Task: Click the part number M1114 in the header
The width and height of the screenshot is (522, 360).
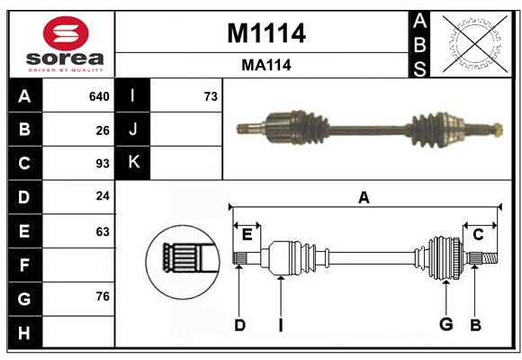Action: click(x=265, y=33)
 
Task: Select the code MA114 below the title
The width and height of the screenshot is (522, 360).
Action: click(x=265, y=66)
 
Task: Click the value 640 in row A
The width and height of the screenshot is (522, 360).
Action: click(x=99, y=96)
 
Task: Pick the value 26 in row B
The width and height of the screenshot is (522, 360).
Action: click(x=103, y=130)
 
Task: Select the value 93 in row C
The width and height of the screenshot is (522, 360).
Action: click(x=103, y=164)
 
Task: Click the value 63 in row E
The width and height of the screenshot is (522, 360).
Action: click(x=103, y=230)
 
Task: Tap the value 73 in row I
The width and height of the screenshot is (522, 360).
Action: click(x=211, y=96)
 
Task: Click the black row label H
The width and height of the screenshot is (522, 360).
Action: click(x=24, y=332)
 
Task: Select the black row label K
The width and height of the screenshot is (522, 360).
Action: click(x=133, y=163)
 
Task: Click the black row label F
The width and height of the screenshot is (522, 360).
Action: click(x=24, y=265)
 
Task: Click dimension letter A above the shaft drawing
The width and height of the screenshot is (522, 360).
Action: click(x=364, y=197)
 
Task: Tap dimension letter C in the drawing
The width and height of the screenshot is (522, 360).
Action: click(x=478, y=235)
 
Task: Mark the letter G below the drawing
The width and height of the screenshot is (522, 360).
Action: click(x=445, y=325)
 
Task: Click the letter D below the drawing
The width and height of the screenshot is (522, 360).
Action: click(x=239, y=325)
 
